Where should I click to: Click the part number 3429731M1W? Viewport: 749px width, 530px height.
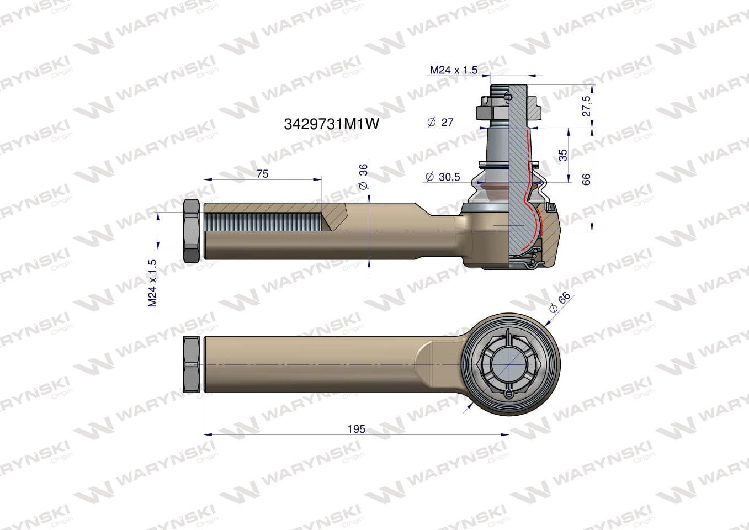331,124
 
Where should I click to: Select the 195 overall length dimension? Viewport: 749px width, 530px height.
356,428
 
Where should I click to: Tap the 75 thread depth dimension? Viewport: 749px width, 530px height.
263,174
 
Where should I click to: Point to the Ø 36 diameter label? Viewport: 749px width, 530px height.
363,177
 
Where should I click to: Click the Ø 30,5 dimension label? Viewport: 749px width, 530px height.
443,177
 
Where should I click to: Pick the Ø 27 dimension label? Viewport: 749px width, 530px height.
440,123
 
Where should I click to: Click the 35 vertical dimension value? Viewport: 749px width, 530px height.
564,155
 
